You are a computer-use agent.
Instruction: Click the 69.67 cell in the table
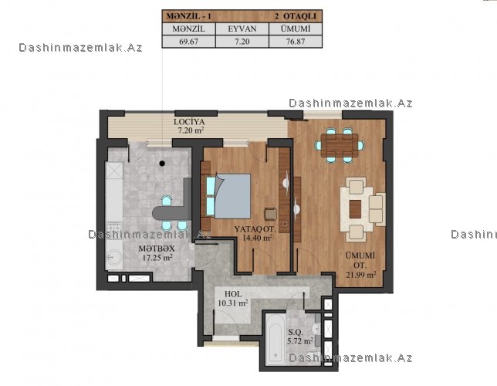pos(188,42)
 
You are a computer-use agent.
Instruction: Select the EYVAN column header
pos(242,29)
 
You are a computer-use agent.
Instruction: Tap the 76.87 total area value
pos(296,42)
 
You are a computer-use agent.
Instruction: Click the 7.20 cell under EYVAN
pos(242,42)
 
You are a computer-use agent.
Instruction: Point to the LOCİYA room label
pos(189,121)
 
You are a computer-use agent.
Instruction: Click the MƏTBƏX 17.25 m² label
pos(157,253)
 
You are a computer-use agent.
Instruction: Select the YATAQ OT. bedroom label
pos(255,229)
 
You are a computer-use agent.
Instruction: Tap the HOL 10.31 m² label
pos(233,299)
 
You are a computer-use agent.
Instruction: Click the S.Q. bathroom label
pos(296,333)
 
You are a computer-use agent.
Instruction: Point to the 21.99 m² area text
pos(361,275)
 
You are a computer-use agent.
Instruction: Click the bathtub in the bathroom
pos(275,340)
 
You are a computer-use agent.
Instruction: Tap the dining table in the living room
pos(340,145)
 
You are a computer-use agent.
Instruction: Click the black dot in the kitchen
pos(162,164)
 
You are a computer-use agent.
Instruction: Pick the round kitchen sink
pos(113,256)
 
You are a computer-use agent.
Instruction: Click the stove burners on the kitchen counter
pos(113,228)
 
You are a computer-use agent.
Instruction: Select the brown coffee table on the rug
pos(355,209)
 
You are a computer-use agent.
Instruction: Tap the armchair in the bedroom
pos(270,214)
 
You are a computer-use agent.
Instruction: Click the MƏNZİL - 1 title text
pos(188,16)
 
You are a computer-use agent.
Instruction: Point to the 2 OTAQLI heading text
pos(296,16)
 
